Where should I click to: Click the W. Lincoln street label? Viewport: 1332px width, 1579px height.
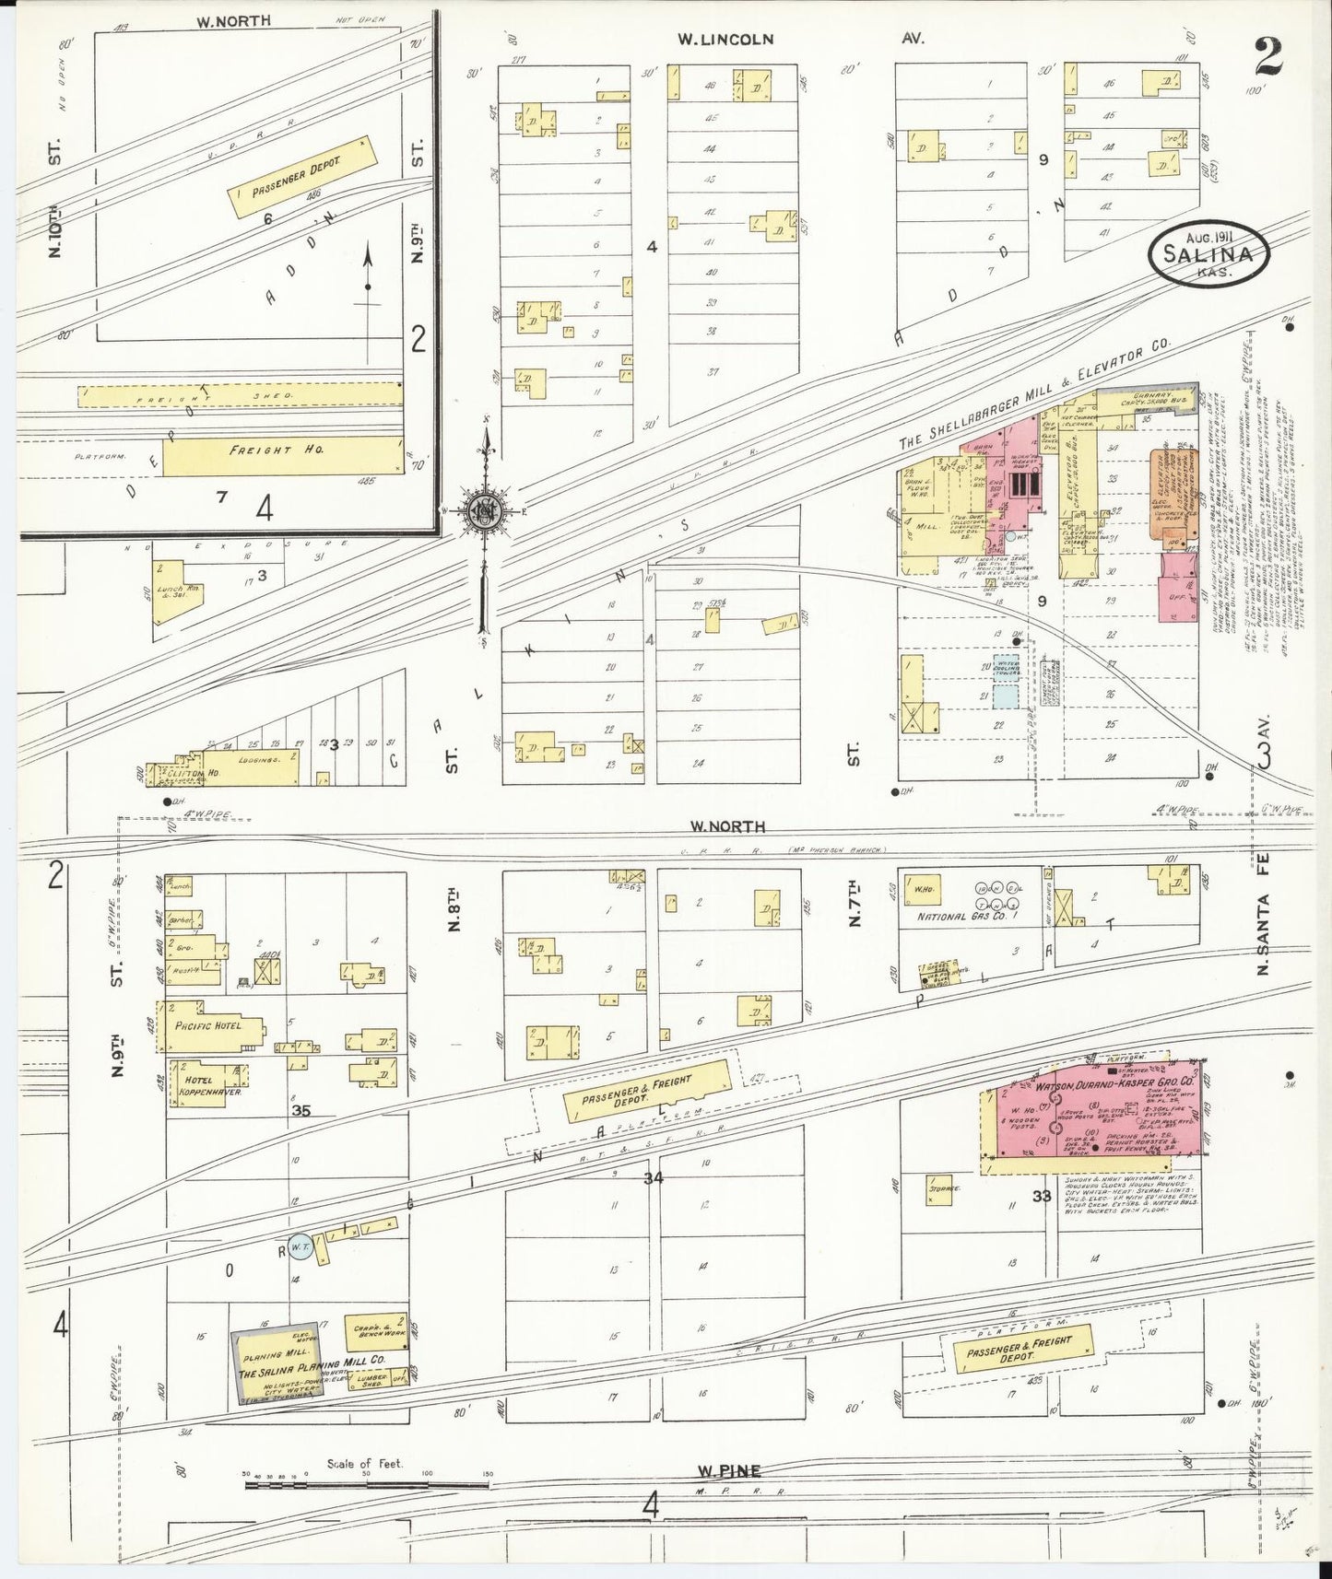(x=725, y=40)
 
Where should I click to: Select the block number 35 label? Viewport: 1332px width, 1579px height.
(x=301, y=1111)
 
